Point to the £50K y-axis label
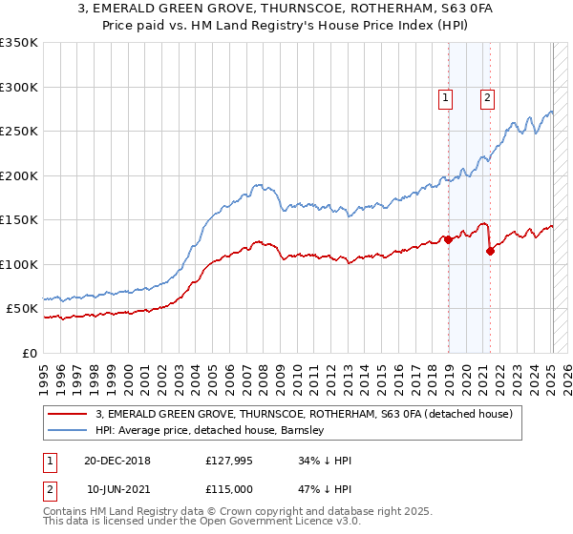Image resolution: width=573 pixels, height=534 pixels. pyautogui.click(x=21, y=309)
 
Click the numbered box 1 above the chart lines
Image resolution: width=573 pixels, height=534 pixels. pyautogui.click(x=446, y=95)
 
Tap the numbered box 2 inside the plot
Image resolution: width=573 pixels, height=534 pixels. pyautogui.click(x=487, y=95)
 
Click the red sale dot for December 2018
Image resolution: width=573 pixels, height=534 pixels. pyautogui.click(x=448, y=239)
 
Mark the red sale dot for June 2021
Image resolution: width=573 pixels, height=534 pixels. pyautogui.click(x=490, y=251)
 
